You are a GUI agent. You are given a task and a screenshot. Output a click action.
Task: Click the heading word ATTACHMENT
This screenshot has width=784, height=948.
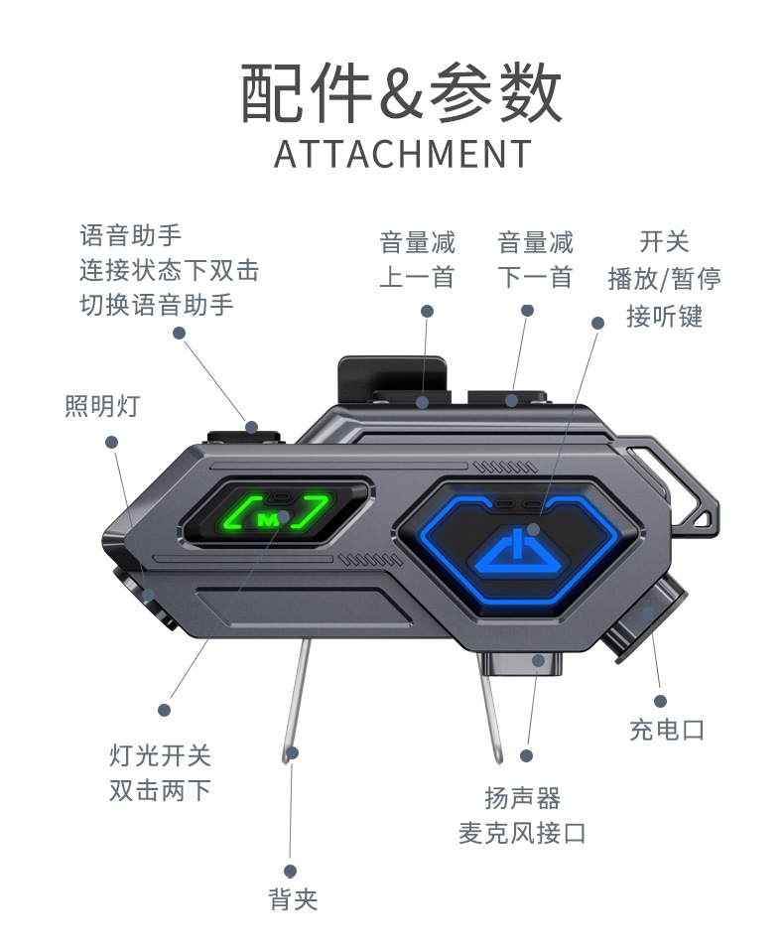402,155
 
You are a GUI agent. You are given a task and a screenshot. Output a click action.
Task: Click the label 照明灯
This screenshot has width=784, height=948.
102,406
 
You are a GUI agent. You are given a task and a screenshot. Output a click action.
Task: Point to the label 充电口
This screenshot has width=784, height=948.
667,730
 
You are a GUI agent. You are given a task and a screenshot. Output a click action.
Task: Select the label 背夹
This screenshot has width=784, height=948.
293,899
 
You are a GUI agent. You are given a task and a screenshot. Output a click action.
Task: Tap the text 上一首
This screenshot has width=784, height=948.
417,277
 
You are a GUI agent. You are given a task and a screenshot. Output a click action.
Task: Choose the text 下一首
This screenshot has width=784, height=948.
536,277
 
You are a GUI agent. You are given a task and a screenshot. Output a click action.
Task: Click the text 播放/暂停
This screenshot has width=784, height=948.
665,278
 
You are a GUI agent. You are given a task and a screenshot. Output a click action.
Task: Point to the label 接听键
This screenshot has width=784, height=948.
665,316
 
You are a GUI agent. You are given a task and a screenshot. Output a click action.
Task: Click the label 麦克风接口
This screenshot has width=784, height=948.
522,833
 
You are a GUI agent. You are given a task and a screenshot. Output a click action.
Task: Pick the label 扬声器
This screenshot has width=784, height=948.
523,797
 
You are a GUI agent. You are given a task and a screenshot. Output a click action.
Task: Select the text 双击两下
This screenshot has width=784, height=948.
160,791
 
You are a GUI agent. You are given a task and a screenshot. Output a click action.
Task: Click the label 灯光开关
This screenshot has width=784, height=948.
160,755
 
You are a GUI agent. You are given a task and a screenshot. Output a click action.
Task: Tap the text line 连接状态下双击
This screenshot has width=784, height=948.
169,270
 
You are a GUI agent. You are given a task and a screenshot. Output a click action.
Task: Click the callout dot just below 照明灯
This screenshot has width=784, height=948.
112,442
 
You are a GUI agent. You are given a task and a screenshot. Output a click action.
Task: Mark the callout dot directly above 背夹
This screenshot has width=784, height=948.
291,871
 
